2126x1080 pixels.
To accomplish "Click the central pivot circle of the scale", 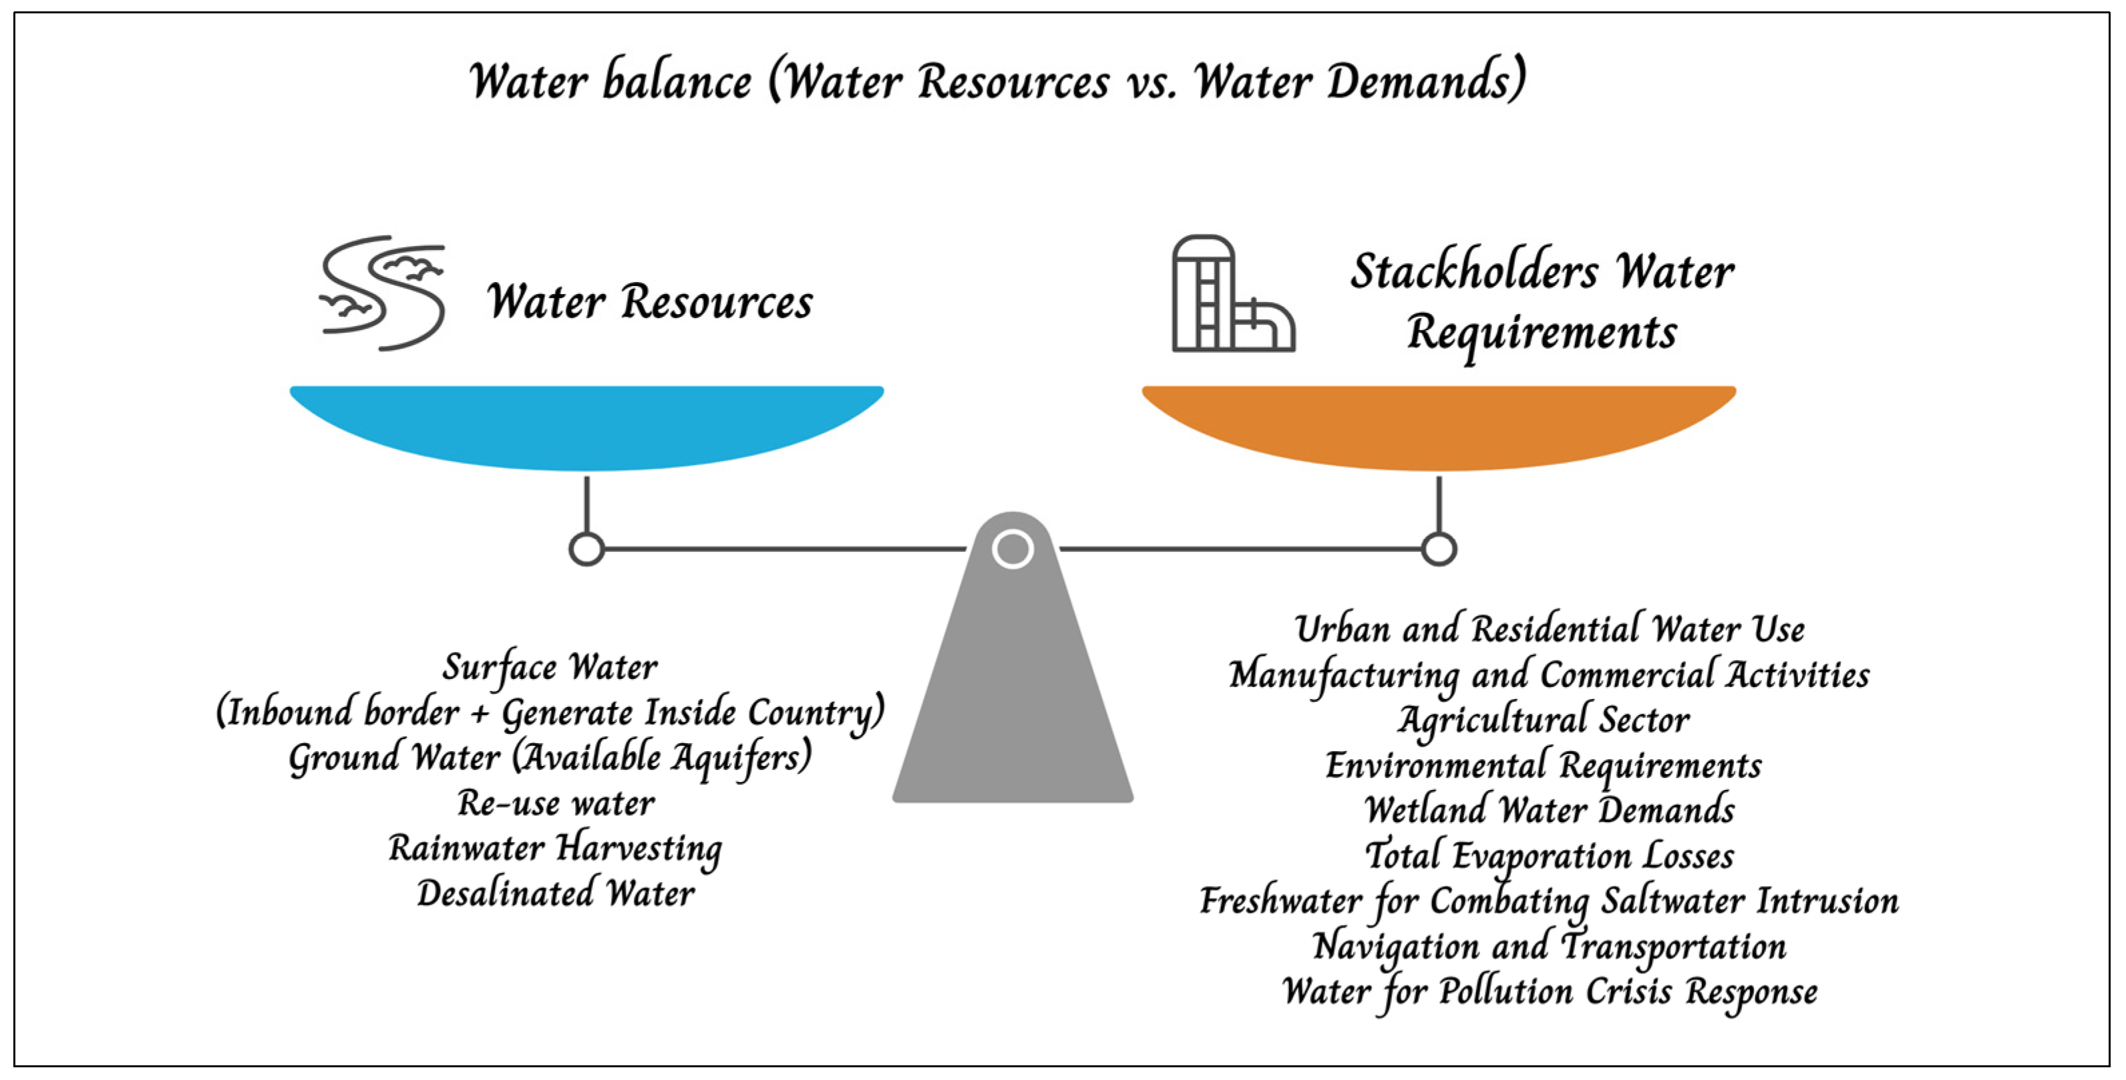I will (x=1013, y=549).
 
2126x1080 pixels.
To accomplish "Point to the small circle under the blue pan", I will (x=587, y=549).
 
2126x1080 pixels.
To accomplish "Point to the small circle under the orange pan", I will (x=1439, y=549).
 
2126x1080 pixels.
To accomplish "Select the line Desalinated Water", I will (x=556, y=894).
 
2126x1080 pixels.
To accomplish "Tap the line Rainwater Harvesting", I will (x=556, y=849).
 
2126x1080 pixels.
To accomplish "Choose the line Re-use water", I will (x=556, y=803).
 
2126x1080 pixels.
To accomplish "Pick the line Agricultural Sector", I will (x=1544, y=720).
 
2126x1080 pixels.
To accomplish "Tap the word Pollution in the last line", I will (x=1505, y=991).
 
